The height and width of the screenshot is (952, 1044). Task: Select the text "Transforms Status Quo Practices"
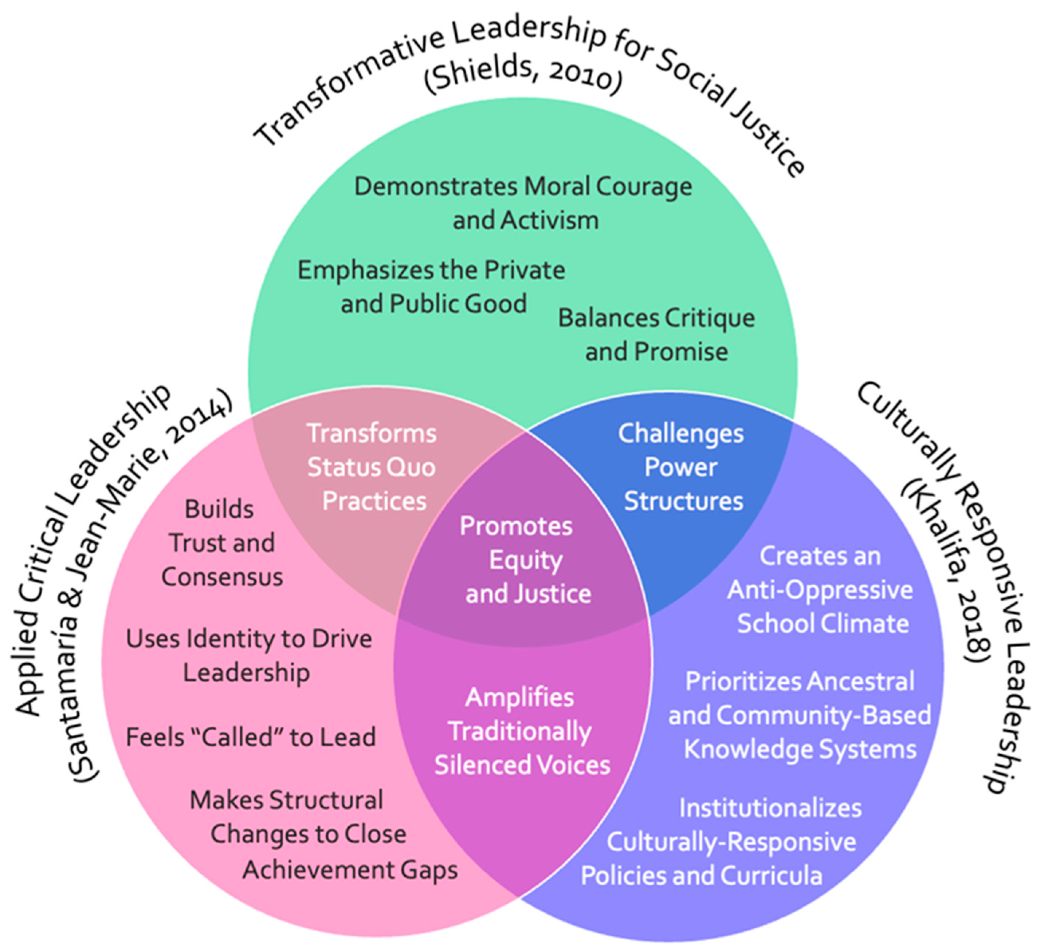372,467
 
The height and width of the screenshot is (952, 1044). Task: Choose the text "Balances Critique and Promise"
656,335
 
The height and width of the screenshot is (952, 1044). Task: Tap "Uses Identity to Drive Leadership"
248,655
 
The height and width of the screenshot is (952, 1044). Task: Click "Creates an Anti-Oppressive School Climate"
821,590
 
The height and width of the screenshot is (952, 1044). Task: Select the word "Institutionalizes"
770,808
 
